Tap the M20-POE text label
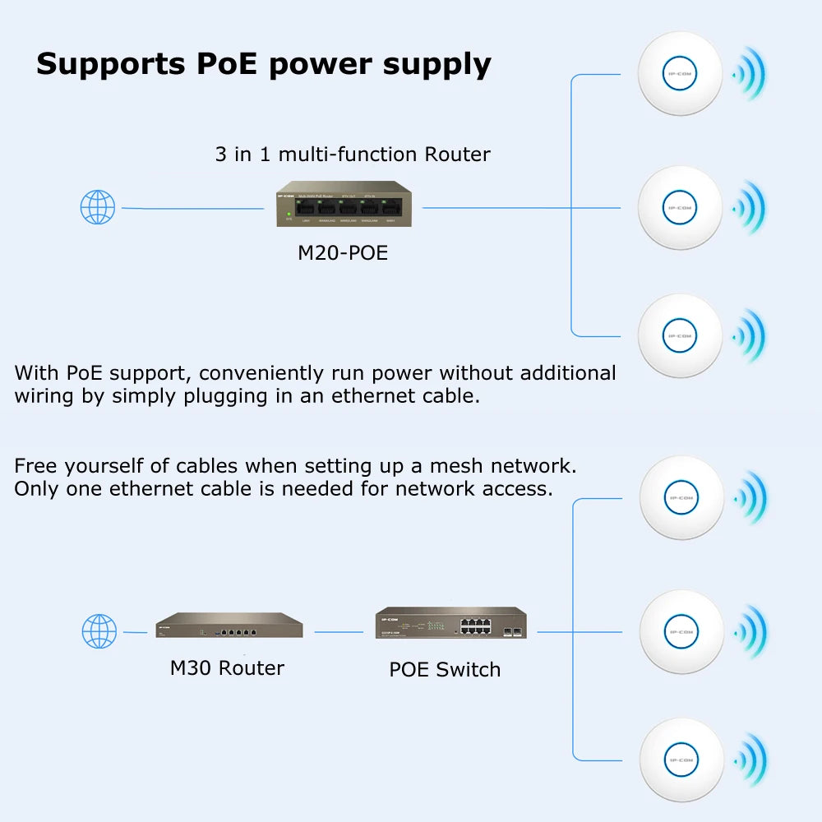point(342,253)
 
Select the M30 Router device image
point(229,626)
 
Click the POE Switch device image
point(450,624)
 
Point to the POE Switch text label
point(445,670)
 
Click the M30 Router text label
point(227,667)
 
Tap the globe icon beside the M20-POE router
point(98,207)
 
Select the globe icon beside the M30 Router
point(99,631)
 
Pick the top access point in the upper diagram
point(680,73)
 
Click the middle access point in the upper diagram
point(680,207)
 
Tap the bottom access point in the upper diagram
point(680,335)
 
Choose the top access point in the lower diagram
point(681,497)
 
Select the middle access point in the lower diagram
point(681,631)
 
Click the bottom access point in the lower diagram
point(681,760)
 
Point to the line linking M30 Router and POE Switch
point(339,632)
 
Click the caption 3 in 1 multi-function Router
point(353,154)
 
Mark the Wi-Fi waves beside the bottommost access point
point(750,760)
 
